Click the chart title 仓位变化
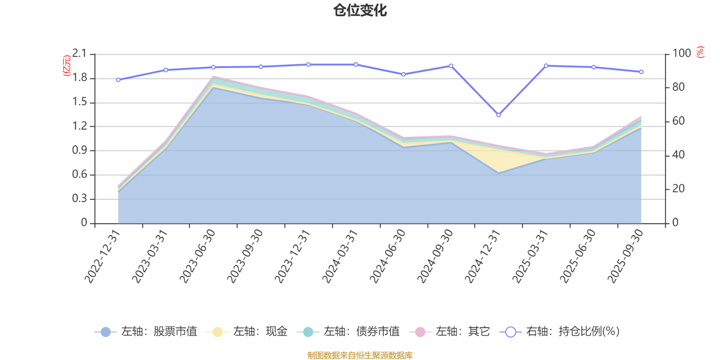point(360,11)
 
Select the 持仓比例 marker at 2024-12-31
point(499,115)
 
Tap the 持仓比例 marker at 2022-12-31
point(118,80)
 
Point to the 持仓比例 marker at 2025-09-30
point(641,72)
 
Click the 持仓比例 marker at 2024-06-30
point(403,74)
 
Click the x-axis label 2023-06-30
point(197,256)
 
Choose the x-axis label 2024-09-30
point(435,256)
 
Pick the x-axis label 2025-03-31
point(530,256)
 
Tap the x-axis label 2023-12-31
point(292,256)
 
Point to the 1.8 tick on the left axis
point(79,78)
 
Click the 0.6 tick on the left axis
point(79,174)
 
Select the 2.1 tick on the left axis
point(79,54)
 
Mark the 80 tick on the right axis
point(679,87)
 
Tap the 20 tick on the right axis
point(679,189)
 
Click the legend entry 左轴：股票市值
point(146,331)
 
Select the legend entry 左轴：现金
point(247,331)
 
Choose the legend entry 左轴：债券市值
point(348,331)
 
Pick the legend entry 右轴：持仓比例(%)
point(560,331)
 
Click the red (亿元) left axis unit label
point(67,66)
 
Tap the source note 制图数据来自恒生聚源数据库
point(360,355)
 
